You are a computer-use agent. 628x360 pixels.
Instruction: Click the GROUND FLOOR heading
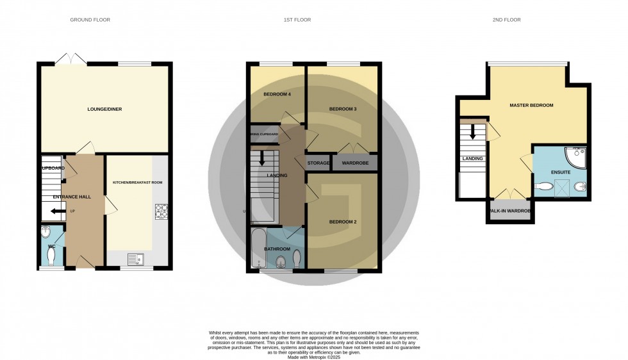tap(90, 20)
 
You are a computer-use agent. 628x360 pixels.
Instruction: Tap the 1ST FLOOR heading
tap(297, 20)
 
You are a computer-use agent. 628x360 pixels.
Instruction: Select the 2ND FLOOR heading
tap(507, 20)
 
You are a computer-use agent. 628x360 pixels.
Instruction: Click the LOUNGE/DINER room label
tap(104, 109)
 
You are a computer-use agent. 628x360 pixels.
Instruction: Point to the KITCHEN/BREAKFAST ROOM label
tap(133, 183)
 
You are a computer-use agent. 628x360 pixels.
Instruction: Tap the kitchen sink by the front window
tap(135, 259)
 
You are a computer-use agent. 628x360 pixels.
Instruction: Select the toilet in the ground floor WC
tap(52, 256)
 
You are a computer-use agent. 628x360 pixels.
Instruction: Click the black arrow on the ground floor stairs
tap(58, 211)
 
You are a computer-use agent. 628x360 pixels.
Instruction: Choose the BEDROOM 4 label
tap(277, 94)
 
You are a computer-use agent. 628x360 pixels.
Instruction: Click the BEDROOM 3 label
tap(343, 109)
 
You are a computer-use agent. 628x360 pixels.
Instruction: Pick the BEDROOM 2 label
tap(343, 222)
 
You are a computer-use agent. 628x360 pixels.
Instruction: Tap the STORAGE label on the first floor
tap(318, 163)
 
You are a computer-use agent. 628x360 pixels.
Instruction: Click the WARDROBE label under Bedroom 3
tap(354, 163)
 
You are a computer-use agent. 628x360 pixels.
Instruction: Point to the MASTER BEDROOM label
tap(531, 105)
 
